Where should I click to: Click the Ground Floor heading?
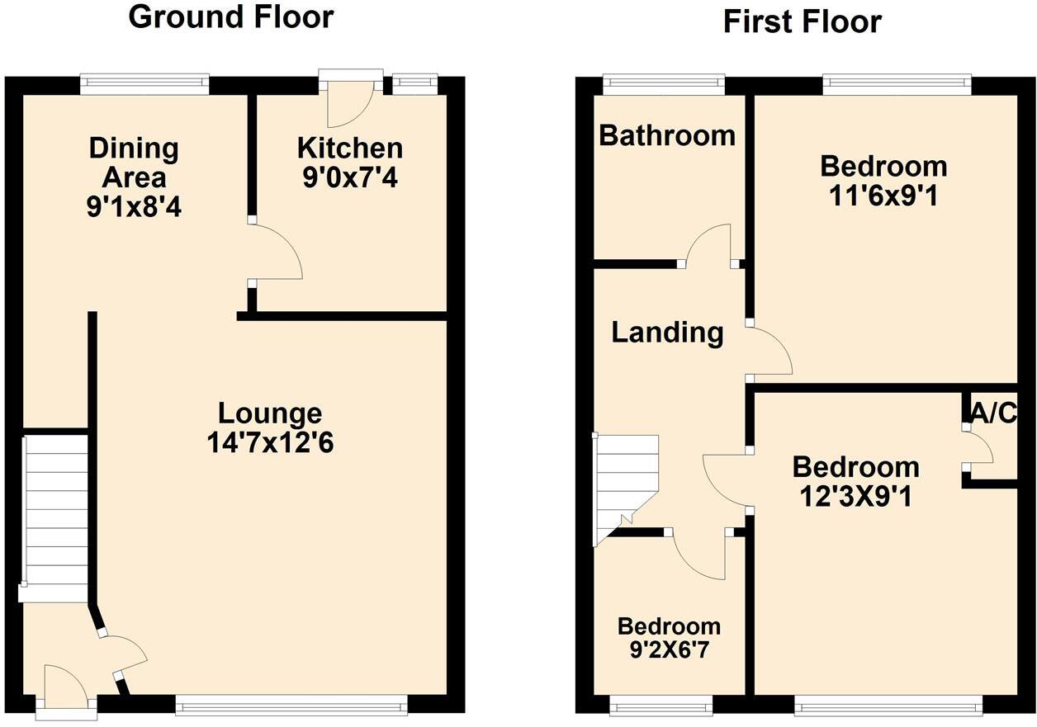click(231, 17)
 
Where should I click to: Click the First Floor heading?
click(802, 22)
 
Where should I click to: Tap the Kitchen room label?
click(350, 149)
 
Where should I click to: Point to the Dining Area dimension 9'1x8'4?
click(134, 205)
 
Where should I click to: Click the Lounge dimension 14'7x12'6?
click(270, 442)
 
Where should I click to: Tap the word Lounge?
click(270, 413)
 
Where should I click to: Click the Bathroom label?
click(667, 135)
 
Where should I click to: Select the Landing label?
click(667, 333)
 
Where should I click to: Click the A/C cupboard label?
click(994, 413)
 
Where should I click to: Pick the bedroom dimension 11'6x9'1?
click(883, 196)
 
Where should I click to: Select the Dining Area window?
click(144, 83)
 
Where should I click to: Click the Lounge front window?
click(291, 704)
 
